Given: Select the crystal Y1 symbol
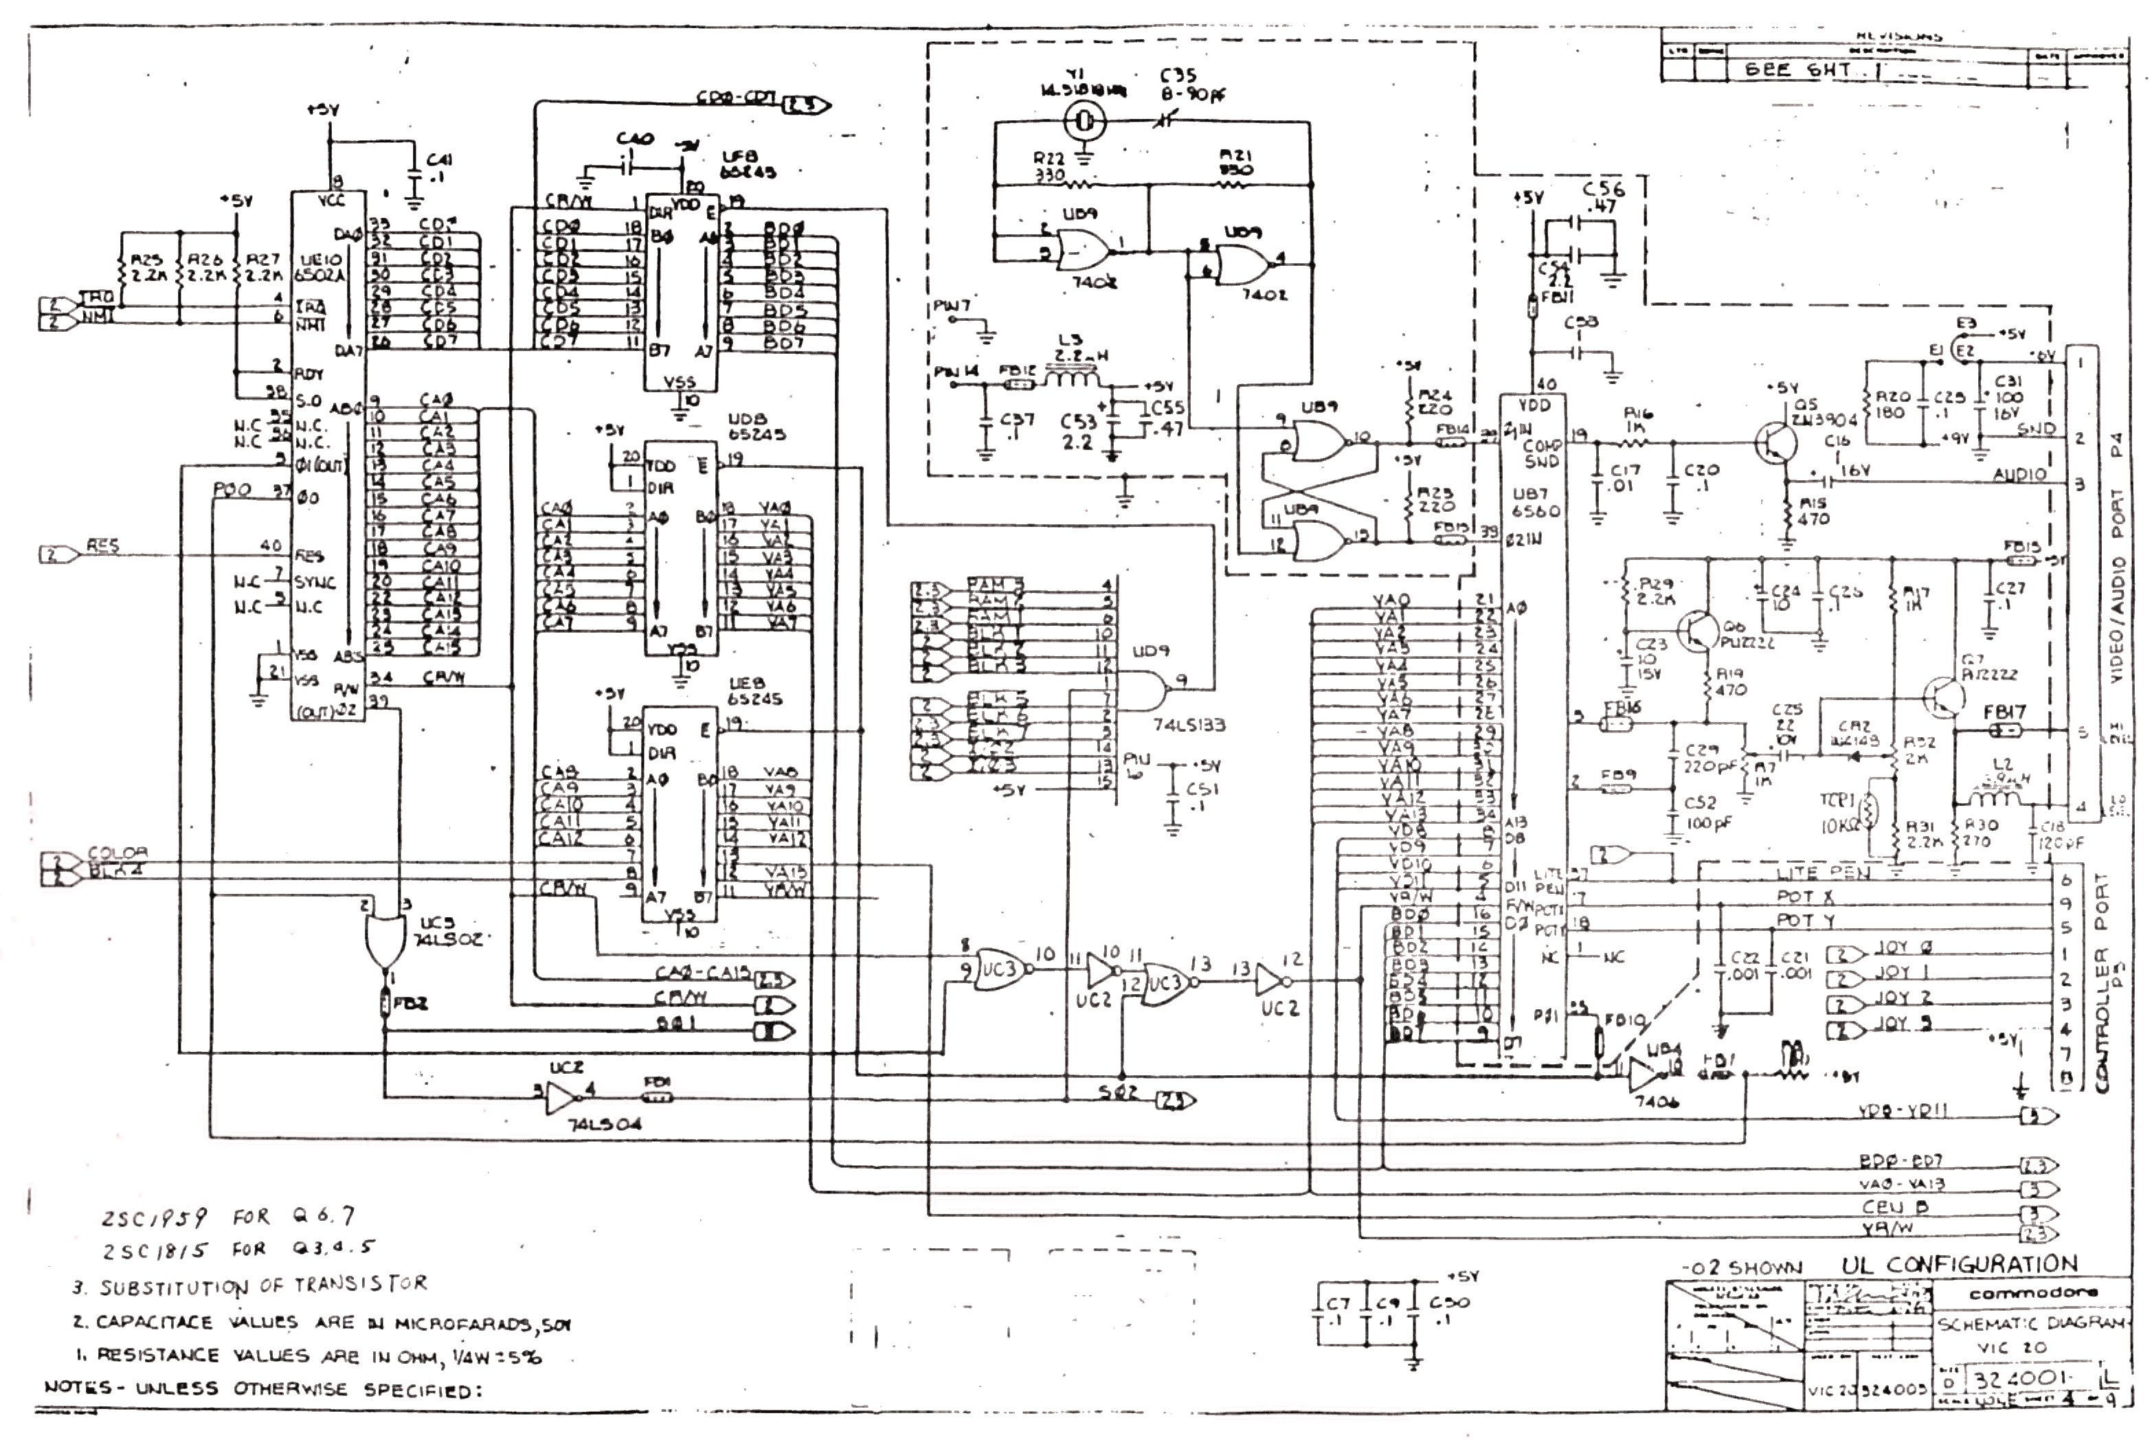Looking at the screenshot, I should (x=1085, y=120).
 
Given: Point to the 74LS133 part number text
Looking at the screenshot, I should (x=1189, y=725).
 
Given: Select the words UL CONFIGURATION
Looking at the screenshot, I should (x=1958, y=1265).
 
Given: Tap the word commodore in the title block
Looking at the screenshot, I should (x=2032, y=1293).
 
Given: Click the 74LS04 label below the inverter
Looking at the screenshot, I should (x=606, y=1124).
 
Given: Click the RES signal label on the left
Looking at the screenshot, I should (x=102, y=545).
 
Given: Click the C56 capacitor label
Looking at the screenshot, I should (x=1604, y=196).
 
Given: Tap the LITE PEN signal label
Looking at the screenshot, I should (x=1822, y=873).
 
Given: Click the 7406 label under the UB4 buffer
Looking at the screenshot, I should (x=1654, y=1101).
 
